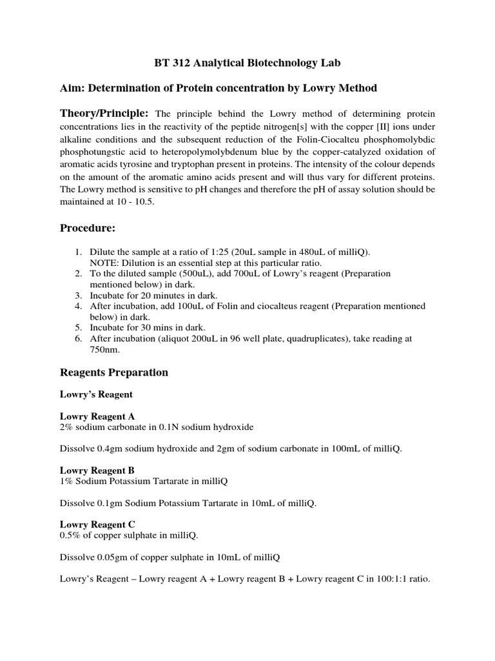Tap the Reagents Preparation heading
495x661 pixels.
point(114,372)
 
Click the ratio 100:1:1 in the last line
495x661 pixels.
point(387,579)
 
